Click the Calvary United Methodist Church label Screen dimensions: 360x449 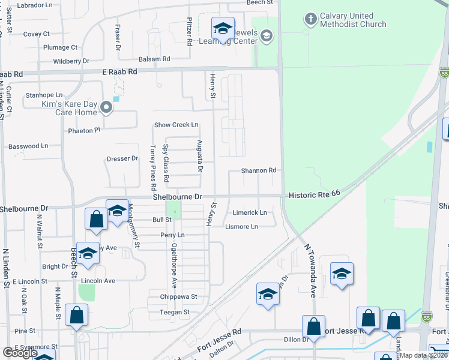(353, 20)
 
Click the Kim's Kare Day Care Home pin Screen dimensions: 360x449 (107, 108)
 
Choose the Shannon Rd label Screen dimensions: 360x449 (259, 170)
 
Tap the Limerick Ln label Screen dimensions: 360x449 (250, 212)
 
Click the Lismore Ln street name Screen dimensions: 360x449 (241, 226)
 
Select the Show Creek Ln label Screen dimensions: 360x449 (176, 125)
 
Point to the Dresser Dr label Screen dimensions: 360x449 (122, 159)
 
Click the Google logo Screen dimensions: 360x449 (19, 353)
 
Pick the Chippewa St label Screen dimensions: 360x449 (178, 296)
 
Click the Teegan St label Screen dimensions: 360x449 (175, 312)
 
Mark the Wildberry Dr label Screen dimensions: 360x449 (71, 61)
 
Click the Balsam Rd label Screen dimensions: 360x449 (154, 59)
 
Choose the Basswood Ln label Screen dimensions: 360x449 (28, 146)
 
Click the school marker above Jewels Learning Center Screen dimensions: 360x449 (222, 29)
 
